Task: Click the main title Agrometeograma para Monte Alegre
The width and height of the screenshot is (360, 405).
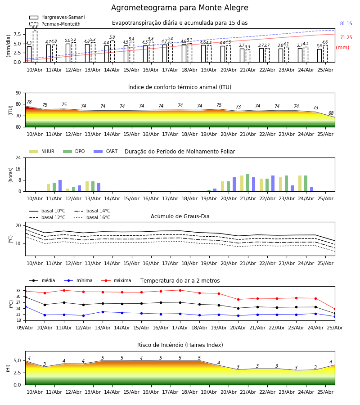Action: pyautogui.click(x=180, y=8)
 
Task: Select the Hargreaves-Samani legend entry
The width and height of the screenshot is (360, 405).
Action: pyautogui.click(x=57, y=17)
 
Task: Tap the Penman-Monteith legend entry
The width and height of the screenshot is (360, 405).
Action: pyautogui.click(x=55, y=24)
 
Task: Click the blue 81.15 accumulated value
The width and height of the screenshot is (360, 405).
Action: pyautogui.click(x=346, y=23)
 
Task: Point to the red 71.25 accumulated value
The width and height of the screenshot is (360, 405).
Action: pyautogui.click(x=346, y=37)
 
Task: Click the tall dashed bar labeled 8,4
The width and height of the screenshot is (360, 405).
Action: pyautogui.click(x=35, y=46)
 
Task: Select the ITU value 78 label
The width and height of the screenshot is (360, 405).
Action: pyautogui.click(x=29, y=102)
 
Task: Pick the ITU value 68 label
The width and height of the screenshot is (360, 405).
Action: pyautogui.click(x=331, y=113)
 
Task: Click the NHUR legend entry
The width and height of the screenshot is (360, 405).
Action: pyautogui.click(x=42, y=151)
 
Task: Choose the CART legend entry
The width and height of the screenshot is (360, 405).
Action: pyautogui.click(x=106, y=151)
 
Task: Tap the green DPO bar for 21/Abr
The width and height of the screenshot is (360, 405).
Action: pyautogui.click(x=247, y=183)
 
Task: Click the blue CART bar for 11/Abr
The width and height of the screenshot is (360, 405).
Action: pyautogui.click(x=60, y=186)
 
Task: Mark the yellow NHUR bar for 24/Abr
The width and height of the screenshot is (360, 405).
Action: pyautogui.click(x=300, y=184)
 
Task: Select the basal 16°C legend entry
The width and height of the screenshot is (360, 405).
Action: pyautogui.click(x=92, y=217)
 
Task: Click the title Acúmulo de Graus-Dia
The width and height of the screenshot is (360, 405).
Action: pyautogui.click(x=180, y=216)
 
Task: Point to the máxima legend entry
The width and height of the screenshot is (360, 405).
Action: pyautogui.click(x=116, y=280)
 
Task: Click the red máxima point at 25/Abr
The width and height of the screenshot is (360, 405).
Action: pyautogui.click(x=335, y=309)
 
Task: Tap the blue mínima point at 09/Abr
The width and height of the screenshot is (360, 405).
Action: pyautogui.click(x=26, y=306)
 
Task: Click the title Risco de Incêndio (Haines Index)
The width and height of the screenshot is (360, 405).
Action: pyautogui.click(x=180, y=345)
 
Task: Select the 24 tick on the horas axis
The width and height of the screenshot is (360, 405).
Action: pyautogui.click(x=18, y=157)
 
